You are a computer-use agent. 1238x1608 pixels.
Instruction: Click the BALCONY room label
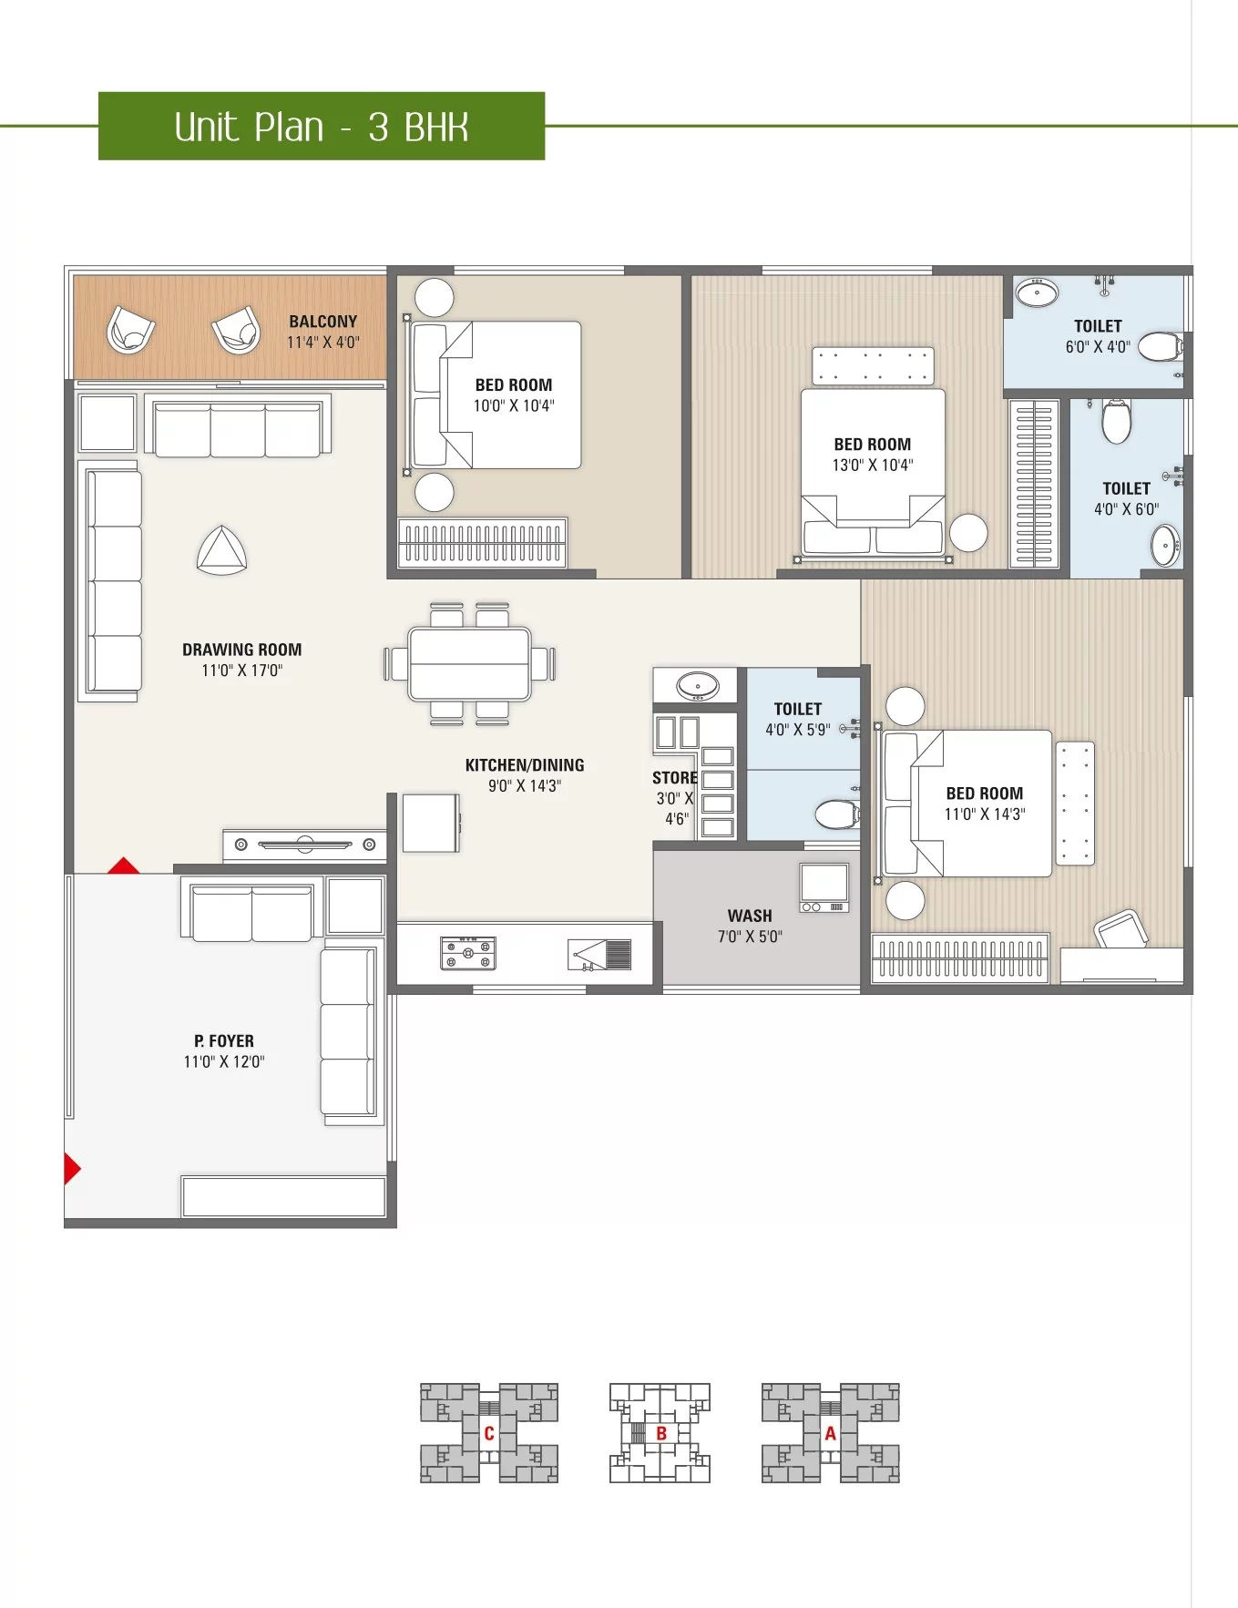(322, 322)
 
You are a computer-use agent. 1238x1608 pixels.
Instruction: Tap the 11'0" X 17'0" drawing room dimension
(242, 671)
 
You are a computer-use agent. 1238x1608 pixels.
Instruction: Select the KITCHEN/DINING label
(525, 765)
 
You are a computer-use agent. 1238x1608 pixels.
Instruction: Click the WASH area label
(750, 916)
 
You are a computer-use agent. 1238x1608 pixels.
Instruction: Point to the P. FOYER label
(224, 1040)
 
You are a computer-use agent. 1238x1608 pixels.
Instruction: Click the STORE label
(674, 778)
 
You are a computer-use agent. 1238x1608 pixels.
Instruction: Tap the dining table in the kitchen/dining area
(470, 663)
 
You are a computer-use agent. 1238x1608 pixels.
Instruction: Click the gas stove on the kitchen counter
(468, 953)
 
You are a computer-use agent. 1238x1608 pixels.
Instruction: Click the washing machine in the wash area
(824, 887)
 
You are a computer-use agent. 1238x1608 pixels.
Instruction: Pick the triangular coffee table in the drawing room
(222, 551)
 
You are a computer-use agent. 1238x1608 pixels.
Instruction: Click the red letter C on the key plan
(489, 1433)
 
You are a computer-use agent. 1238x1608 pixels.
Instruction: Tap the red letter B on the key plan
(661, 1433)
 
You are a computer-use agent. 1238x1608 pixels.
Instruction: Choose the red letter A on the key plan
(830, 1433)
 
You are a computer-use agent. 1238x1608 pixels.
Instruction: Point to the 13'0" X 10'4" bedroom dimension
(873, 466)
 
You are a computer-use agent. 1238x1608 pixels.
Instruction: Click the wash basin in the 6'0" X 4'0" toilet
(1037, 293)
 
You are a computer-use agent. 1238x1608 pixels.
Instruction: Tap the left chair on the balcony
(131, 330)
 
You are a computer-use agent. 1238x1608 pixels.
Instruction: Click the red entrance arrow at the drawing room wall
(124, 865)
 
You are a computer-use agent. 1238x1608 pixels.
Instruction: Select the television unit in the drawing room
(304, 845)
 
